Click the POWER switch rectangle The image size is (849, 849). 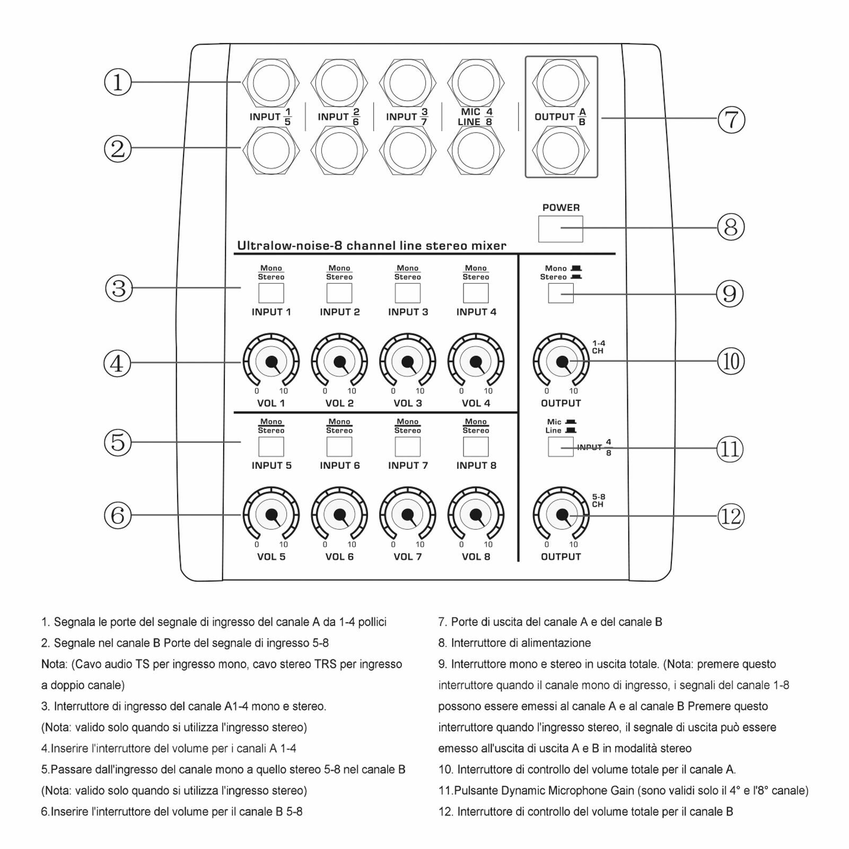tap(561, 229)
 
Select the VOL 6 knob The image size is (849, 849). tap(339, 515)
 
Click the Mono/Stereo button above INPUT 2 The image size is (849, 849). tap(339, 293)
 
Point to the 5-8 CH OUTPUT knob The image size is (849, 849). tap(561, 515)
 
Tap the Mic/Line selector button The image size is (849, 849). tap(561, 447)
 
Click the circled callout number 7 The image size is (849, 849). tap(731, 119)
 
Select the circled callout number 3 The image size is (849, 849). tap(118, 288)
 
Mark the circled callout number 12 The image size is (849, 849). tap(731, 517)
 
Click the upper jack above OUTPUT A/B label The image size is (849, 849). tap(561, 83)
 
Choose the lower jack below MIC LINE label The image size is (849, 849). tap(476, 151)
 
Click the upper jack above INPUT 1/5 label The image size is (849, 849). tap(271, 83)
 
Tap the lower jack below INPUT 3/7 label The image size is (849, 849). tap(408, 151)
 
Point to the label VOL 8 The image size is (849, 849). tap(476, 557)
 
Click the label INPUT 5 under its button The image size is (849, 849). tap(272, 466)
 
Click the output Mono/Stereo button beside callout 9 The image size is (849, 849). tap(561, 293)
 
